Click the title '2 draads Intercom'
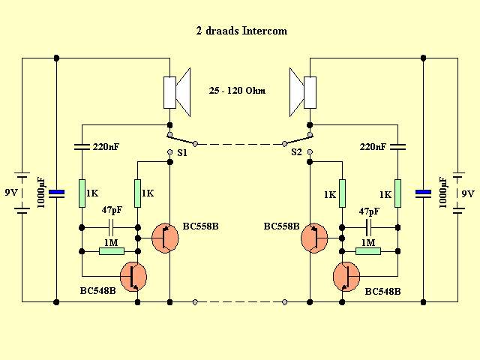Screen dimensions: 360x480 tap(240, 31)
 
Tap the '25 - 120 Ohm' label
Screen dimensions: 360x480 tap(238, 91)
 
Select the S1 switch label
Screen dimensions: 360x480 tap(181, 152)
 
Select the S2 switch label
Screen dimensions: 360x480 tap(297, 152)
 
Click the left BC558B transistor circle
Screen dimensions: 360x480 tap(165, 237)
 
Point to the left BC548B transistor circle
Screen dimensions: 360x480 tap(133, 275)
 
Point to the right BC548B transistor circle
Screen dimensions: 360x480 tap(346, 275)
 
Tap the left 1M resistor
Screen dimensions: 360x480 tap(111, 251)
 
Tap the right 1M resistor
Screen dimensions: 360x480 tap(367, 251)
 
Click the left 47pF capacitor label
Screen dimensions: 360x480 tap(112, 211)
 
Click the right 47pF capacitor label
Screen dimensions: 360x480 tap(369, 211)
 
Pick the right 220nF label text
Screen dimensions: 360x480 tap(374, 147)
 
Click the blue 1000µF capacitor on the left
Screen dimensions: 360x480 tap(57, 193)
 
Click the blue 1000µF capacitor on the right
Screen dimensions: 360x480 tap(423, 193)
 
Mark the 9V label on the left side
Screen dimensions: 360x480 tap(10, 193)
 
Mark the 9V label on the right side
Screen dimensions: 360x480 tap(468, 193)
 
